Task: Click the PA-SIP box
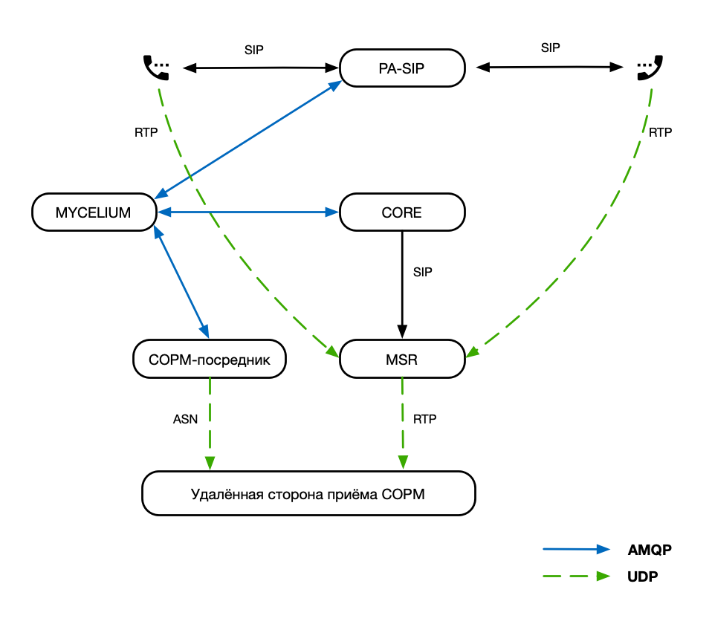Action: (x=402, y=68)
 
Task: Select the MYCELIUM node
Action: (x=94, y=213)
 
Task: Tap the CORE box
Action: (x=402, y=213)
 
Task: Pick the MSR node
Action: (x=402, y=360)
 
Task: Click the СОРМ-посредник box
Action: (x=209, y=360)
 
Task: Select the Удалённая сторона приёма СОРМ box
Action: (x=308, y=493)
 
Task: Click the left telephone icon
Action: (x=156, y=68)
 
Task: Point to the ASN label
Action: (x=186, y=419)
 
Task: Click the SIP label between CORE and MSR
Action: (x=422, y=272)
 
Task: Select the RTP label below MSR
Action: (x=424, y=419)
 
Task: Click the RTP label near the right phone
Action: (x=660, y=132)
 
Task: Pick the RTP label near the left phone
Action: (x=146, y=132)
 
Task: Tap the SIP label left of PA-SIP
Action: (x=254, y=50)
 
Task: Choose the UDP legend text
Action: (x=643, y=576)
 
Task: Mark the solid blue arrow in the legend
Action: (x=576, y=550)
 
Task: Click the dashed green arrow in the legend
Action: (x=576, y=576)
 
